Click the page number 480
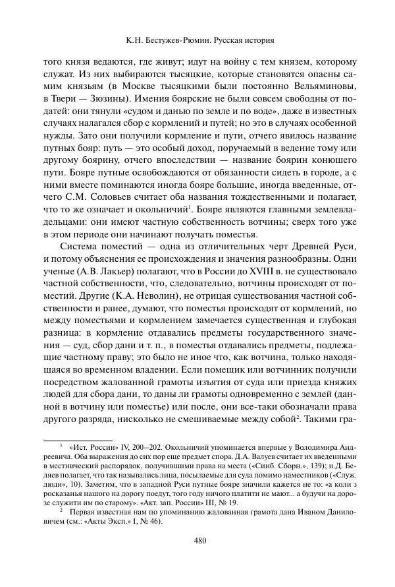[x=201, y=542]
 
